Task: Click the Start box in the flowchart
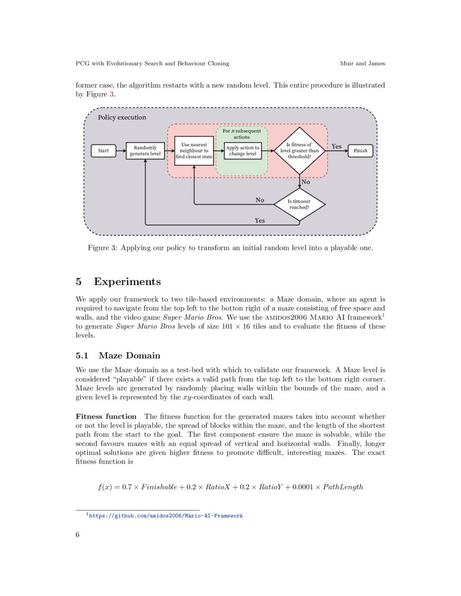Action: (x=103, y=151)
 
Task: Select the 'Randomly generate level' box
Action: (x=145, y=151)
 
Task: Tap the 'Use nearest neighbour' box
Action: (x=194, y=151)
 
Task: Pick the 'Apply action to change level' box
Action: (x=242, y=151)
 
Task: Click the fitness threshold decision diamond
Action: (x=299, y=151)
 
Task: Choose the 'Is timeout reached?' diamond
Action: (x=299, y=204)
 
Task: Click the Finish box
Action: (x=360, y=151)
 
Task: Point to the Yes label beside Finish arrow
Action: (x=336, y=146)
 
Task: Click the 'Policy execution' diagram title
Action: (x=121, y=117)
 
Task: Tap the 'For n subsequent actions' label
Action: (x=242, y=134)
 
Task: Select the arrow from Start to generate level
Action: (x=120, y=151)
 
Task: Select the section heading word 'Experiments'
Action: (x=127, y=282)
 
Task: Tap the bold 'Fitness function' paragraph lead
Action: (x=106, y=417)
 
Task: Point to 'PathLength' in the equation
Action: (x=343, y=487)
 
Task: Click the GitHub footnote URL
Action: (x=165, y=516)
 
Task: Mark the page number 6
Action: (x=78, y=534)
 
